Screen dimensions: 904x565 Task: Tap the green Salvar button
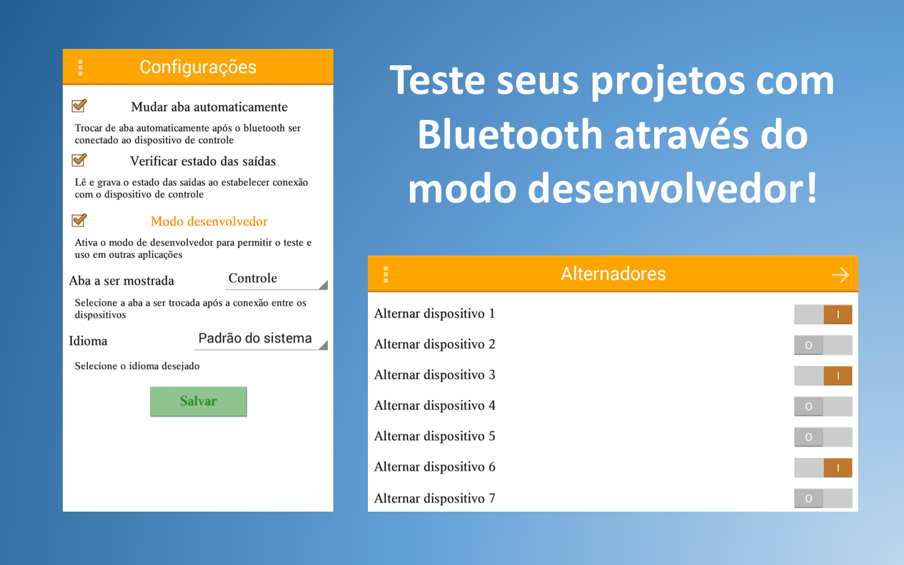click(198, 401)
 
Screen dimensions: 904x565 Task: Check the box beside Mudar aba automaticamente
click(78, 105)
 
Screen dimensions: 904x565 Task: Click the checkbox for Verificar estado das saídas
click(78, 160)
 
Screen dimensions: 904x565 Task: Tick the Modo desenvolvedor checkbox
click(78, 220)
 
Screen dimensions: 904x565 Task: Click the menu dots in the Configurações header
click(80, 67)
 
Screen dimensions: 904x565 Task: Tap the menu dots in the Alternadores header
click(386, 274)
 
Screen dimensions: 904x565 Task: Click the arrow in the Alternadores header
click(841, 275)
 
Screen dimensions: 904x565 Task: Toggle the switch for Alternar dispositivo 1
click(823, 315)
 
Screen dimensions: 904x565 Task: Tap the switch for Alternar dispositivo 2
click(823, 345)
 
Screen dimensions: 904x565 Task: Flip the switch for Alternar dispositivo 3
click(823, 375)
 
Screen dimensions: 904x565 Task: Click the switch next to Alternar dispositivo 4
click(823, 406)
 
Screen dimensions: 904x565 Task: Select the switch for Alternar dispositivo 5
click(823, 437)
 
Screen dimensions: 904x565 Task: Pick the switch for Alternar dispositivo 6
click(823, 468)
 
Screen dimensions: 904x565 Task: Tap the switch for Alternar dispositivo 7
click(823, 498)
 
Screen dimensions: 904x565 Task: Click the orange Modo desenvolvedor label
click(209, 222)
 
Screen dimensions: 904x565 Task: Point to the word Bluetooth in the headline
click(510, 134)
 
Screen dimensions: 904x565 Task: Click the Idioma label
click(88, 341)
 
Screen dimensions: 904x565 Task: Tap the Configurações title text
click(198, 67)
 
